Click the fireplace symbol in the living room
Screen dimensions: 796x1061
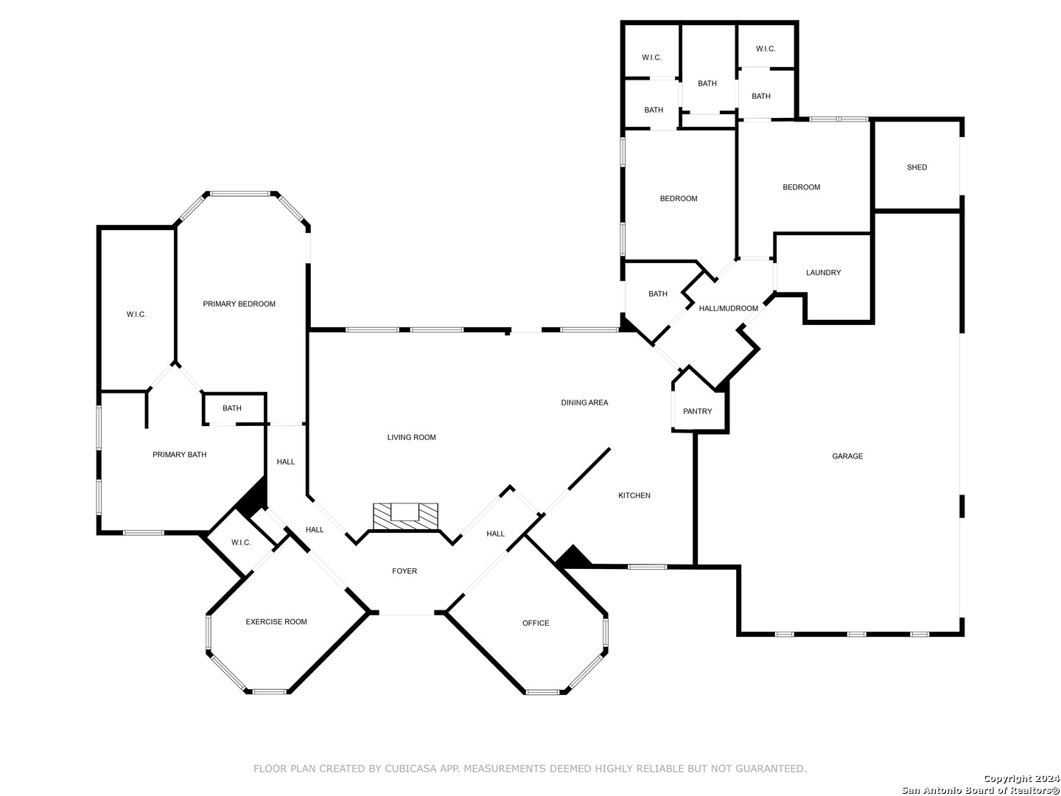[405, 515]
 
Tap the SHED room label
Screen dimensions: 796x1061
[917, 167]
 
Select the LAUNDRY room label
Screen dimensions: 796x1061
[823, 273]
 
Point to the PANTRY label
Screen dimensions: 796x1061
[697, 411]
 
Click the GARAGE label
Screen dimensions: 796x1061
[847, 456]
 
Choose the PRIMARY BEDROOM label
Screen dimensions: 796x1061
[239, 304]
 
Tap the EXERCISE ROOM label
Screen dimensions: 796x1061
[276, 622]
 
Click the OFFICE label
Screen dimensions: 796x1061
[536, 624]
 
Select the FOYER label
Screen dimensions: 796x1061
[405, 571]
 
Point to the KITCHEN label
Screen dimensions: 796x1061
[634, 495]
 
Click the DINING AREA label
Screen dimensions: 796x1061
[584, 402]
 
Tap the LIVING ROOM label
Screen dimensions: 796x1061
[411, 437]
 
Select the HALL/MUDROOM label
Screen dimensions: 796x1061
[728, 308]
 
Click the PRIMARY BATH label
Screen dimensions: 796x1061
[179, 455]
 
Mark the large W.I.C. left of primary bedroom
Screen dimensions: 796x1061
[136, 315]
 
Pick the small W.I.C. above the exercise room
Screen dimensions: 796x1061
[241, 542]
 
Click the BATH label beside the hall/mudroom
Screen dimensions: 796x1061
[658, 294]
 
